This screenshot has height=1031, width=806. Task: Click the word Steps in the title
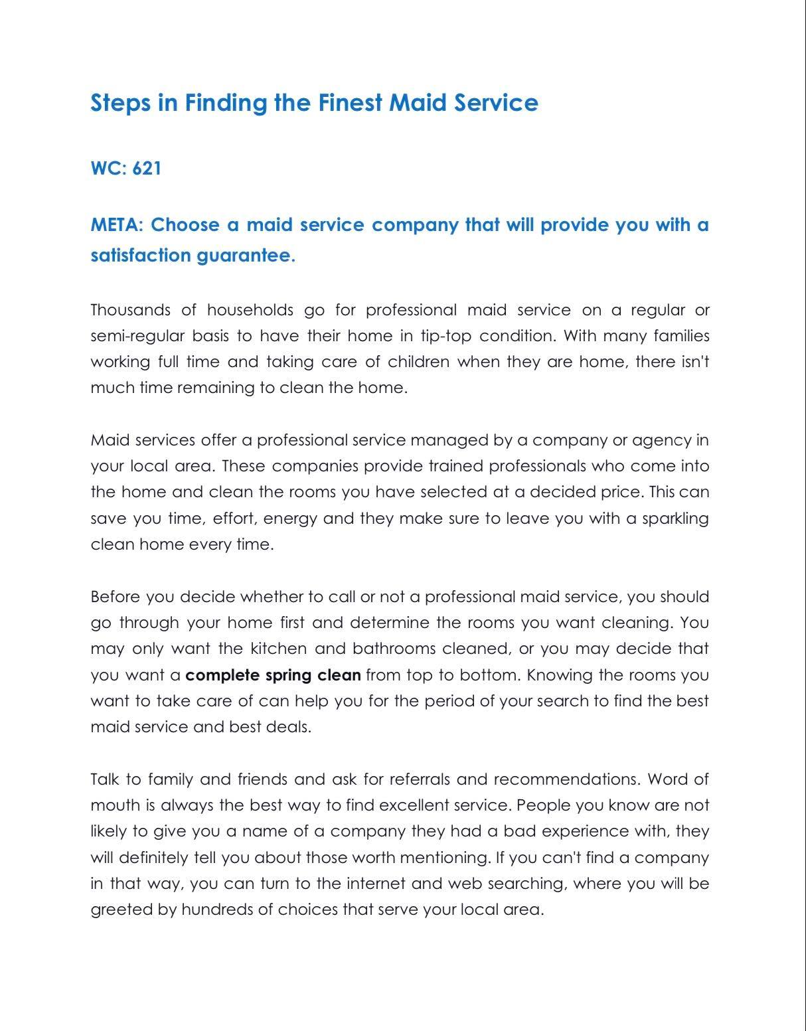click(120, 104)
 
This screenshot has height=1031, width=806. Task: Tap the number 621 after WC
click(147, 168)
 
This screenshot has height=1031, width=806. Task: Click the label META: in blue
click(117, 225)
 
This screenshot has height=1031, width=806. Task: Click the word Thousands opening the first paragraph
click(130, 310)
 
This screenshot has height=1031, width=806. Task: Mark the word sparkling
click(675, 518)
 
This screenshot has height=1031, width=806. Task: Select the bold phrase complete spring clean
click(273, 675)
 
